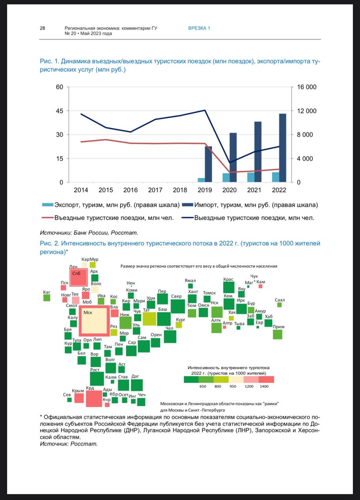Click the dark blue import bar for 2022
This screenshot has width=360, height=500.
pyautogui.click(x=283, y=148)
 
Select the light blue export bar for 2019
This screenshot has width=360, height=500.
pyautogui.click(x=201, y=180)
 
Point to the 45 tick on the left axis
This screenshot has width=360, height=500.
pyautogui.click(x=59, y=111)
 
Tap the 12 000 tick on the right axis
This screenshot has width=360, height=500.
pyautogui.click(x=306, y=111)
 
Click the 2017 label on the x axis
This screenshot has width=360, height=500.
pyautogui.click(x=155, y=190)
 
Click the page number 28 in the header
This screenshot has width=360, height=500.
pyautogui.click(x=42, y=28)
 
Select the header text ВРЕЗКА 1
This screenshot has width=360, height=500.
pyautogui.click(x=199, y=28)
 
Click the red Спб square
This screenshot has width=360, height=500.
pyautogui.click(x=79, y=278)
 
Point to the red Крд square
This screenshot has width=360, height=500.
pyautogui.click(x=94, y=398)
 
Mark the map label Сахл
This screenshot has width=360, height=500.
pyautogui.click(x=280, y=300)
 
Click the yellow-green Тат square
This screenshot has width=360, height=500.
pyautogui.click(x=149, y=319)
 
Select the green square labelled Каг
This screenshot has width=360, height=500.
pyautogui.click(x=47, y=298)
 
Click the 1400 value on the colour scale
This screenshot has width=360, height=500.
pyautogui.click(x=264, y=386)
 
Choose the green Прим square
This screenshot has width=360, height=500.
pyautogui.click(x=278, y=334)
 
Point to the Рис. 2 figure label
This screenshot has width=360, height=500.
pyautogui.click(x=49, y=243)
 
